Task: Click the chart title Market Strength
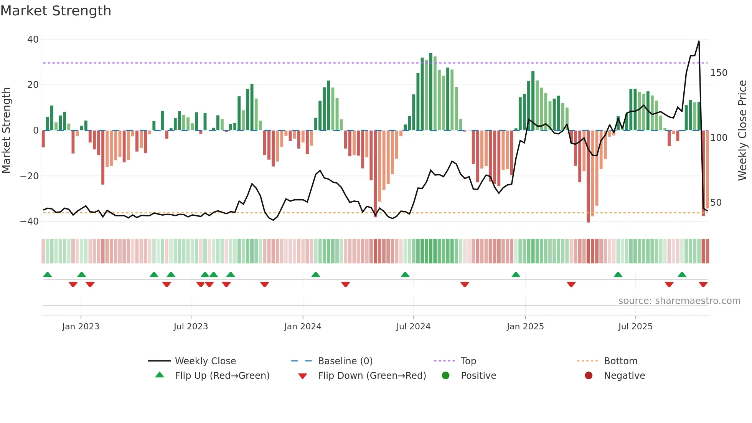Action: (x=56, y=11)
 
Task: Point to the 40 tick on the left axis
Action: (x=33, y=40)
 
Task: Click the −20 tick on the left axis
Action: (x=30, y=176)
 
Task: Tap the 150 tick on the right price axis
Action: (x=719, y=73)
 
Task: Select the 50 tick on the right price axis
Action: (x=716, y=203)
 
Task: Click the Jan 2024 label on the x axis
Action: (x=302, y=327)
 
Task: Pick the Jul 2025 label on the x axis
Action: (x=635, y=327)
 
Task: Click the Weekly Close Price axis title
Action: (x=742, y=131)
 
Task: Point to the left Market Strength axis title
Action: (x=7, y=131)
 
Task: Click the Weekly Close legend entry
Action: (x=205, y=361)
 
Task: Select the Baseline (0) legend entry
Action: (x=345, y=361)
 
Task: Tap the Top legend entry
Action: (x=468, y=361)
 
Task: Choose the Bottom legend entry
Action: (x=620, y=361)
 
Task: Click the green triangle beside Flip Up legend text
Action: (x=160, y=375)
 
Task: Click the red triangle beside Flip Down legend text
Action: (x=302, y=376)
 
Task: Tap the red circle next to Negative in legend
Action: (x=588, y=375)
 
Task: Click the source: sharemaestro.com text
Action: (x=679, y=301)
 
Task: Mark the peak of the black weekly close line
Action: (x=699, y=41)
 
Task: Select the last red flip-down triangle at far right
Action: (x=703, y=284)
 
